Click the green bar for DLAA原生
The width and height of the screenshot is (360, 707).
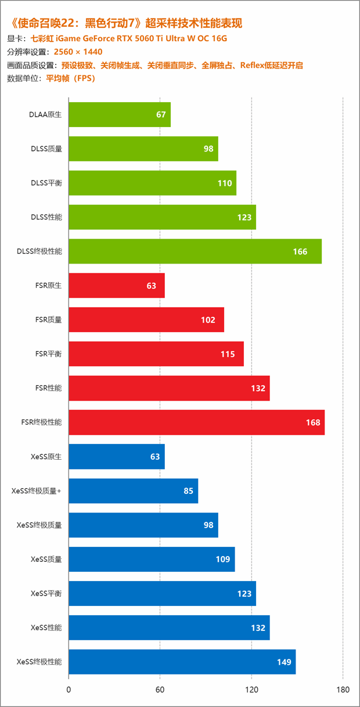tap(119, 114)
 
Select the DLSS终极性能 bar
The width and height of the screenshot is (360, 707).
tap(195, 251)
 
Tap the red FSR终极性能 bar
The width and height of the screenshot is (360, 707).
tap(196, 422)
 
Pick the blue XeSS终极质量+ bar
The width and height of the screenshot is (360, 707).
tap(133, 490)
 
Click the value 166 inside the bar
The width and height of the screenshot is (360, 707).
tap(300, 251)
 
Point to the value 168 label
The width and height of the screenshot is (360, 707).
tap(313, 422)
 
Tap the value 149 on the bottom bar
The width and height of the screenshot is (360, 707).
tap(284, 662)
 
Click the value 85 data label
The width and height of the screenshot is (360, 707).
tap(188, 491)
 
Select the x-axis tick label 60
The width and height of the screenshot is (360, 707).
tap(160, 690)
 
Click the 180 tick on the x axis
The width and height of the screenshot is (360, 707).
tap(343, 690)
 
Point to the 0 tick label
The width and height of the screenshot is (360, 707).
tap(69, 690)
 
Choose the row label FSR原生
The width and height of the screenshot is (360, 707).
tap(48, 286)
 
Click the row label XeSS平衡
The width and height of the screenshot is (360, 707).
tap(46, 593)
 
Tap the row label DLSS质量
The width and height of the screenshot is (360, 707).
tap(46, 149)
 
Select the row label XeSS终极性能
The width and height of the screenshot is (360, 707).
tap(39, 662)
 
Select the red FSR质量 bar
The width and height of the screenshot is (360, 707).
tap(146, 320)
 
